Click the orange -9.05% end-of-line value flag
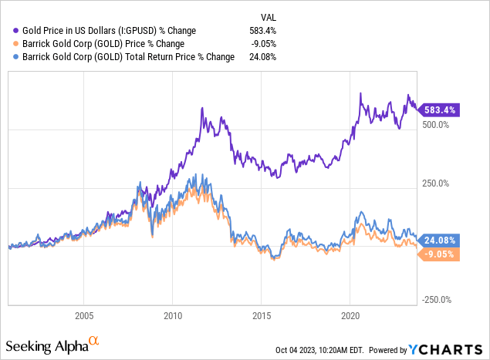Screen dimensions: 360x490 click(x=441, y=254)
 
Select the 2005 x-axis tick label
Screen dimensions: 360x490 click(x=84, y=316)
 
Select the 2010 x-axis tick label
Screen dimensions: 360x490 click(x=173, y=316)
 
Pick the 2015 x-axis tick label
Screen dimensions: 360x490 click(x=262, y=316)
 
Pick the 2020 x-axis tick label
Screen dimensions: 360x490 click(x=350, y=316)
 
